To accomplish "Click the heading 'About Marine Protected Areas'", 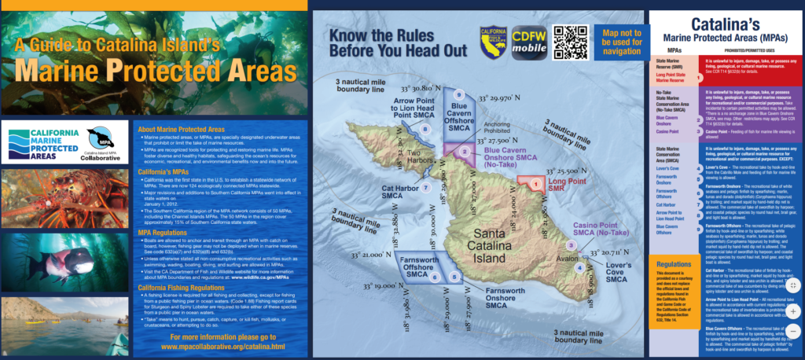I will tap(181, 129).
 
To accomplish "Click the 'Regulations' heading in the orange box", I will tap(673, 265).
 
